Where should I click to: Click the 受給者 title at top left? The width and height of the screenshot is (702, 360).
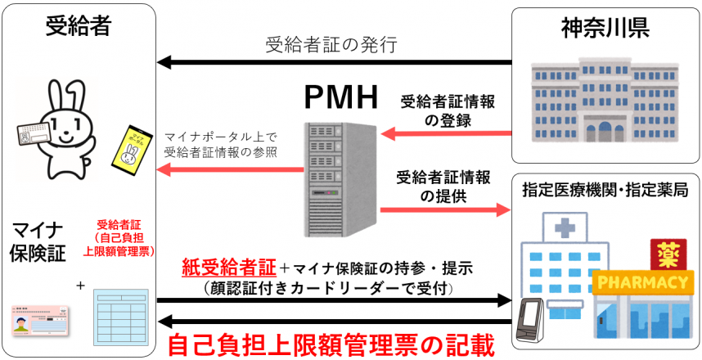coord(79,29)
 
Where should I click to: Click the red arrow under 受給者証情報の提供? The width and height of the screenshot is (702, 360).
coord(445,209)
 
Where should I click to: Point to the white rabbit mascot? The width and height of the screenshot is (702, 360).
coord(61,131)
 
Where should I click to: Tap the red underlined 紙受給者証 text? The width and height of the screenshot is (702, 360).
coord(228,268)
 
